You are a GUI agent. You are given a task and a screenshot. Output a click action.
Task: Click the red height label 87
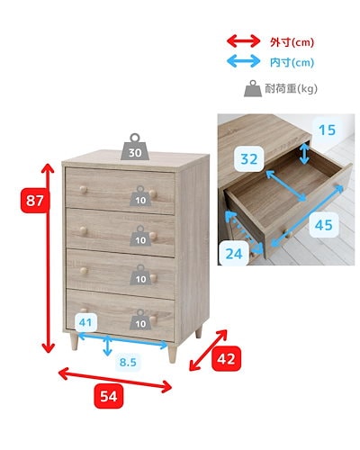click(x=33, y=203)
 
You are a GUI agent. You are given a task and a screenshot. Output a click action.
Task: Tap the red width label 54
click(x=108, y=395)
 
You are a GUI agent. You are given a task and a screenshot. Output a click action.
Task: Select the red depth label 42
click(x=228, y=358)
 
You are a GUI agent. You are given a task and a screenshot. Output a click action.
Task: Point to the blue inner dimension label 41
click(x=86, y=322)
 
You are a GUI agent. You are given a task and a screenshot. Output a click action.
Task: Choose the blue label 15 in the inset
click(x=327, y=130)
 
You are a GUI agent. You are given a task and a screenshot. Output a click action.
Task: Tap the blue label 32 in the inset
click(x=249, y=159)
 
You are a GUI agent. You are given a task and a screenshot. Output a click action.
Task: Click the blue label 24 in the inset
click(x=234, y=254)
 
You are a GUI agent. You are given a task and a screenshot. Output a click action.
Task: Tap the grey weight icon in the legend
click(x=251, y=88)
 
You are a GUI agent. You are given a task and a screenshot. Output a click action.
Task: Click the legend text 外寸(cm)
click(x=292, y=41)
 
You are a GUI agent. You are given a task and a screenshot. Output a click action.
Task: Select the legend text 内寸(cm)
click(x=292, y=62)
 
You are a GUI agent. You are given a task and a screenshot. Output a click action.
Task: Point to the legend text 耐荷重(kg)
click(x=295, y=88)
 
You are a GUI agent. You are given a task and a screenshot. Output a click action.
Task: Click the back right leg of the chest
click(x=199, y=332)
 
